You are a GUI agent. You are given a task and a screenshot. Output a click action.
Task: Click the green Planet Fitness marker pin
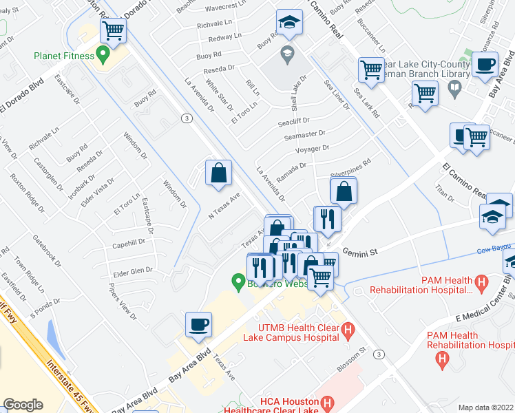[x=103, y=52]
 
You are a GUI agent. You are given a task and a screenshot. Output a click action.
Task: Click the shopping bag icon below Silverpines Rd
[x=344, y=191]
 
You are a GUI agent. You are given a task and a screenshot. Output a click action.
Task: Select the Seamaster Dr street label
[x=304, y=135]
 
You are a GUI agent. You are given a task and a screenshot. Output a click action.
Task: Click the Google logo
[x=23, y=405]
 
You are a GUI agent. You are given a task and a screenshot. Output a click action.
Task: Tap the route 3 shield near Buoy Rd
[x=186, y=118]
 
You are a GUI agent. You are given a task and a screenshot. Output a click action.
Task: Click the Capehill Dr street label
[x=128, y=243]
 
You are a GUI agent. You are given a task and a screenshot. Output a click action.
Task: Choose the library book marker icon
[x=454, y=87]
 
